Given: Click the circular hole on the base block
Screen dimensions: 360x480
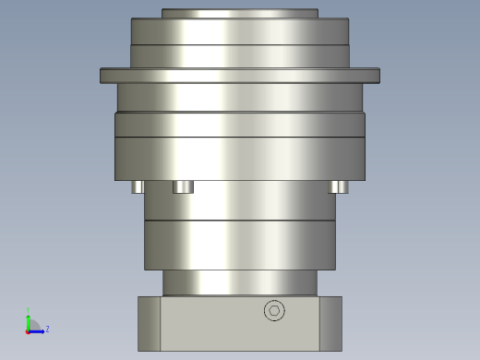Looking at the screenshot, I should pos(274,311).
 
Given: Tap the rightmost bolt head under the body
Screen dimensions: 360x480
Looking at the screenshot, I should pos(338,186).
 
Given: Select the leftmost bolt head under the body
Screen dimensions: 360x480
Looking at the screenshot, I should pos(138,186).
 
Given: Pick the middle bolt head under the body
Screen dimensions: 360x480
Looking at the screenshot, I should pos(183,186).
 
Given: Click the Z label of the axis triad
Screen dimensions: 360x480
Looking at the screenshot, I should pos(47,329).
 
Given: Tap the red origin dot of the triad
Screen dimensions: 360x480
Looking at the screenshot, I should pos(28,330).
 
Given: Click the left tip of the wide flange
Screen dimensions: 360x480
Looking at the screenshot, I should pos(102,76).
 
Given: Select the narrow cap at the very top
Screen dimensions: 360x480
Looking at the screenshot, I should pos(240,14).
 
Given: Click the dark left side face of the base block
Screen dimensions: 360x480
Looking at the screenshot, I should pos(149,323).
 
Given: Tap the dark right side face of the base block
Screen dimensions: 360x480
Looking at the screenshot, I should pos(330,323).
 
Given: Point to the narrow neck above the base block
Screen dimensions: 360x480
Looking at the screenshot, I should pos(240,282).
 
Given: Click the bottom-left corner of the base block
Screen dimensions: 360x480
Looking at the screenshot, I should pos(139,349).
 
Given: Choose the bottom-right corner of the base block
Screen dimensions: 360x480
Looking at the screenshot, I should pos(341,349).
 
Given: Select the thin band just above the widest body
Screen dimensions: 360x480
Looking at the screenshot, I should pos(240,125).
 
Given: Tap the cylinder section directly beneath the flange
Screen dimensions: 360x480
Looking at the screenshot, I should pos(240,97).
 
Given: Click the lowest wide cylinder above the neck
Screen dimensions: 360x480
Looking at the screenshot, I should pos(240,245).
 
